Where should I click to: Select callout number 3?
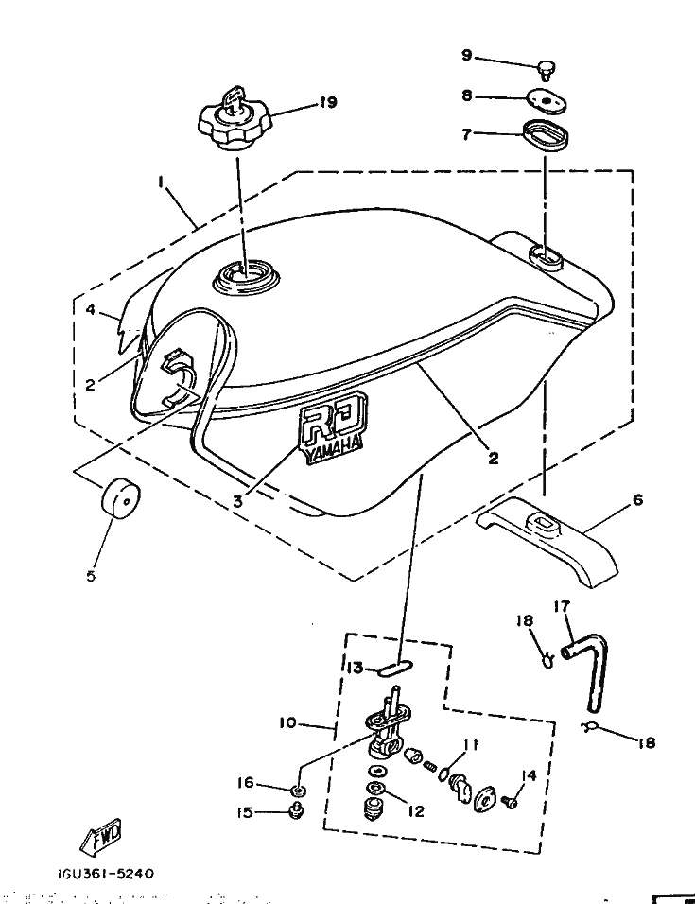[x=238, y=502]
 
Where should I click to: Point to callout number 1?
[x=162, y=180]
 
